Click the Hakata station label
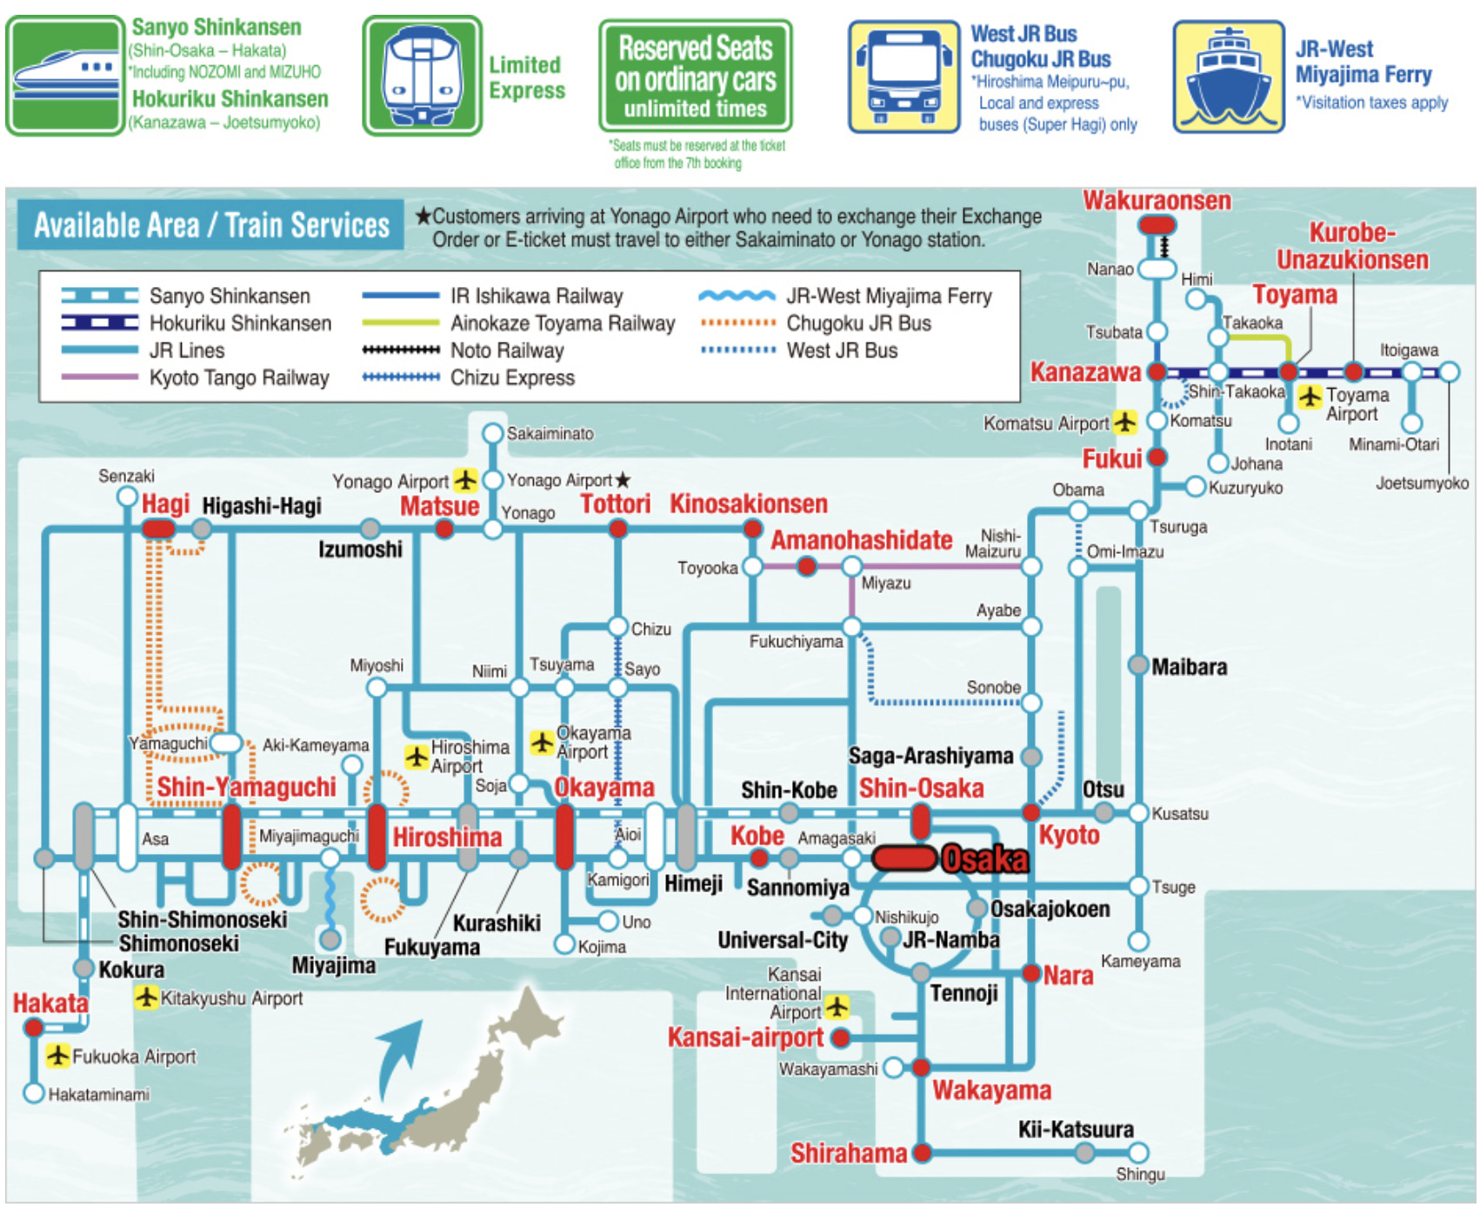(x=50, y=1004)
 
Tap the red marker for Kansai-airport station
(x=840, y=1037)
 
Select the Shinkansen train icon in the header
(x=65, y=76)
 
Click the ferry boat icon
(x=1228, y=77)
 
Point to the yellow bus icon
(x=903, y=77)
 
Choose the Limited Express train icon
(x=422, y=76)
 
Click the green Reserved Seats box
(x=695, y=77)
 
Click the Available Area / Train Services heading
(x=211, y=225)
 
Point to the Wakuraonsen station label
(x=1157, y=201)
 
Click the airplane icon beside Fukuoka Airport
(x=58, y=1056)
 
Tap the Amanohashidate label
(x=861, y=540)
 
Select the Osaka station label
(x=985, y=859)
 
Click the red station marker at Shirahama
(x=922, y=1153)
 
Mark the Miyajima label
(x=333, y=965)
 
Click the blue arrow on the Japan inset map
(x=400, y=1057)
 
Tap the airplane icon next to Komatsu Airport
(x=1125, y=423)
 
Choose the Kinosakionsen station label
(x=748, y=503)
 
